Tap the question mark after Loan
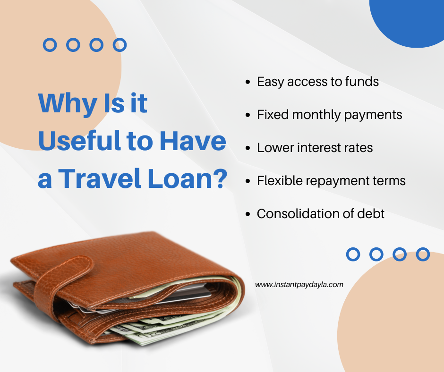coord(221,178)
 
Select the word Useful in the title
coord(79,141)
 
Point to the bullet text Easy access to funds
coord(318,82)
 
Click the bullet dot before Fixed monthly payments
coord(248,115)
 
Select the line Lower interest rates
coord(315,147)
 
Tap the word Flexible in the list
coord(280,180)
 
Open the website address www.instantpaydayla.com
coord(299,285)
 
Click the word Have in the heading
coord(193,141)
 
